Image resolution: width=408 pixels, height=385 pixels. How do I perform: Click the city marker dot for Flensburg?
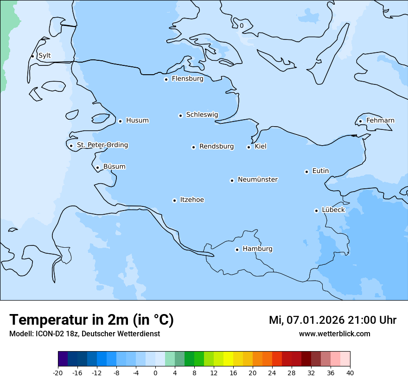pos(166,79)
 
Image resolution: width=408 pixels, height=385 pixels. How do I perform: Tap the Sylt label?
pos(45,56)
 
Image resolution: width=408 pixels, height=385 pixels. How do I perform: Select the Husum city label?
pos(137,121)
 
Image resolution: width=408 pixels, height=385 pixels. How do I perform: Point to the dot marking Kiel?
pos(249,147)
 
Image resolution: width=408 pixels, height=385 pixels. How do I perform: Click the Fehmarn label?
pos(380,121)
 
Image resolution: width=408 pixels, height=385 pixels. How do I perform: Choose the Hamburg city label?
pos(257,249)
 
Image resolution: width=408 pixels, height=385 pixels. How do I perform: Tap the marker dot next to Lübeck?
pos(316,211)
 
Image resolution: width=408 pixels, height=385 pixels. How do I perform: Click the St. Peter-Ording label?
pos(102,145)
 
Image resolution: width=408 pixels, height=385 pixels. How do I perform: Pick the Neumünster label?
pos(258,180)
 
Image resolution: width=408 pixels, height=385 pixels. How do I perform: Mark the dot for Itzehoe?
pos(174,200)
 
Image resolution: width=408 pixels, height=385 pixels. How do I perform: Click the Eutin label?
pos(320,171)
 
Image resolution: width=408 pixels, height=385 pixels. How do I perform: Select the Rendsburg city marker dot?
pos(193,147)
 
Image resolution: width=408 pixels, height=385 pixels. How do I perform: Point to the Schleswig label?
pos(202,115)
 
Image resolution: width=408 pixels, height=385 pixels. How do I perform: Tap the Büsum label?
pos(114,167)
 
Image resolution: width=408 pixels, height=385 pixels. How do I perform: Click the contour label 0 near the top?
pos(242,26)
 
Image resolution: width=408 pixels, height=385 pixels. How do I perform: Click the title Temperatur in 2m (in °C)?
pos(91,320)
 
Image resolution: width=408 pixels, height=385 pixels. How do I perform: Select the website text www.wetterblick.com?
pos(334,334)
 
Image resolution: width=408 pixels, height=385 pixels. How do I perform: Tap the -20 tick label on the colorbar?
pos(58,373)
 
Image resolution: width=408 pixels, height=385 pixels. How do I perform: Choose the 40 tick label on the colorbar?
pos(350,373)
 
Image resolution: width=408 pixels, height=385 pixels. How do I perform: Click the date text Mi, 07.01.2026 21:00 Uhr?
pos(332,320)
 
